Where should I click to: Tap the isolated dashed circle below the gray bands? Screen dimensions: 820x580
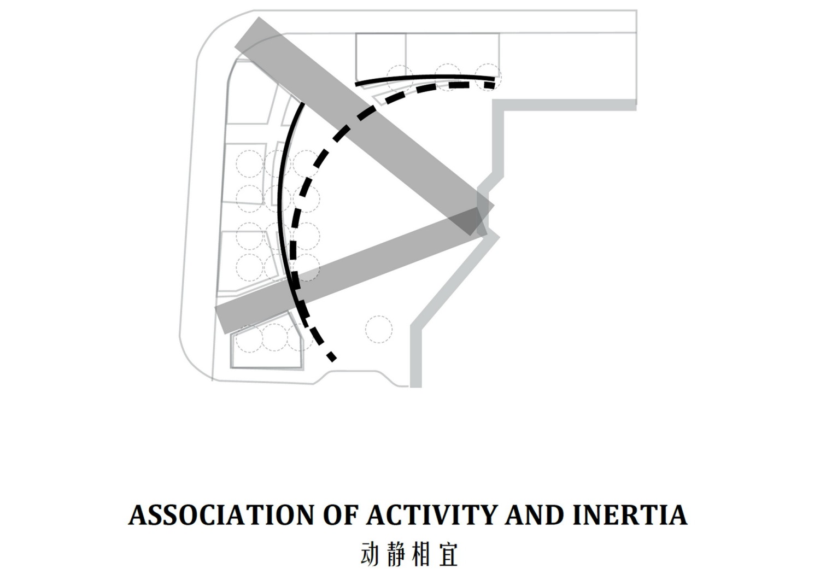[x=379, y=329]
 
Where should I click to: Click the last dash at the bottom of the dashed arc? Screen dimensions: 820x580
[x=332, y=356]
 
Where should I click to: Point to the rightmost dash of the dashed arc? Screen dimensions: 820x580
[x=489, y=85]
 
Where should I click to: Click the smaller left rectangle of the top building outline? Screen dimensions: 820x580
[x=380, y=57]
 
